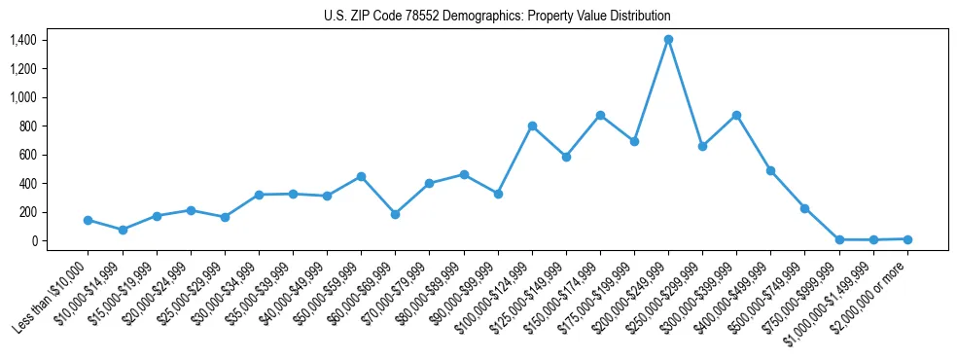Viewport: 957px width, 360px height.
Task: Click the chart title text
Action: (x=497, y=17)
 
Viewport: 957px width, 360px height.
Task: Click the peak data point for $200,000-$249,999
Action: (x=668, y=40)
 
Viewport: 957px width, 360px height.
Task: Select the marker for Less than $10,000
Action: (x=89, y=220)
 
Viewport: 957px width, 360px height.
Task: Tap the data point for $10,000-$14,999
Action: (x=123, y=230)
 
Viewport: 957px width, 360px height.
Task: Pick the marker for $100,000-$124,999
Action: (x=532, y=126)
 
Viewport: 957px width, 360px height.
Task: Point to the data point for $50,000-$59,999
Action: (x=361, y=176)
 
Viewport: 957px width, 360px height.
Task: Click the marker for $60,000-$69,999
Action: (x=395, y=214)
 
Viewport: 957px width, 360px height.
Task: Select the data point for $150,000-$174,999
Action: (x=600, y=115)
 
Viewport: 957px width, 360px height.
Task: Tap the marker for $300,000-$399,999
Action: (x=736, y=115)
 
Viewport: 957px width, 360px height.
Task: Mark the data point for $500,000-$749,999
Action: (x=804, y=208)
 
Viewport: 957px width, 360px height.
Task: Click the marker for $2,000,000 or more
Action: (x=907, y=238)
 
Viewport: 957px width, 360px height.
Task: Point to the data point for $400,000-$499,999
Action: (x=770, y=170)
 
